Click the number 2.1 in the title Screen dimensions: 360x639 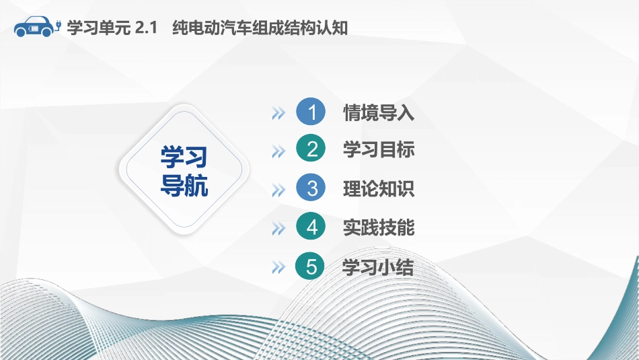click(145, 28)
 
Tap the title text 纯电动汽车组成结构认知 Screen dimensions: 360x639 click(260, 28)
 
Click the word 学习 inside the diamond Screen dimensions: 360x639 click(184, 157)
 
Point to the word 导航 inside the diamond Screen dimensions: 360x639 click(184, 185)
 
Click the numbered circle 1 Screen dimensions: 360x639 click(311, 112)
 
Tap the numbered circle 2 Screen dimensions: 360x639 click(311, 149)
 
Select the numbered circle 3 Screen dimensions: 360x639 click(311, 188)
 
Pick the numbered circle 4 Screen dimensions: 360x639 click(311, 227)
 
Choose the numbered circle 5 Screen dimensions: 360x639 click(311, 267)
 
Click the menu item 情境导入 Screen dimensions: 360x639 click(379, 112)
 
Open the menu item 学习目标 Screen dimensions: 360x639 click(379, 149)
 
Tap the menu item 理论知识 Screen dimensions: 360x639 click(379, 188)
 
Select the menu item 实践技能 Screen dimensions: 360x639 click(379, 227)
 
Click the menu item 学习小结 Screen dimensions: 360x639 click(379, 268)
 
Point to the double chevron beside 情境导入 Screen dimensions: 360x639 click(278, 114)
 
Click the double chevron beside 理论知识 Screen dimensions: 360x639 click(278, 190)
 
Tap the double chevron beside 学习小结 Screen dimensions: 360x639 click(278, 268)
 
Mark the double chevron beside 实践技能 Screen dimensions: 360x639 click(278, 229)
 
